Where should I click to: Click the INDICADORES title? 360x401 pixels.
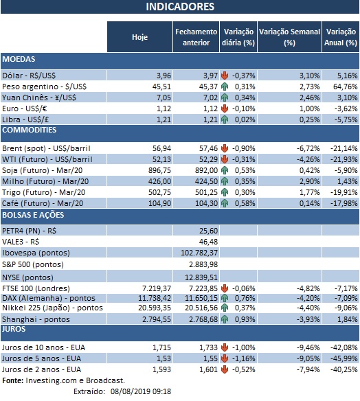(180, 7)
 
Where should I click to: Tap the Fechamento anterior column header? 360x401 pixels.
(196, 37)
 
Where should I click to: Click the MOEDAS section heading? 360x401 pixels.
(19, 60)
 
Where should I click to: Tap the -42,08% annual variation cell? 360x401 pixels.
(341, 347)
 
